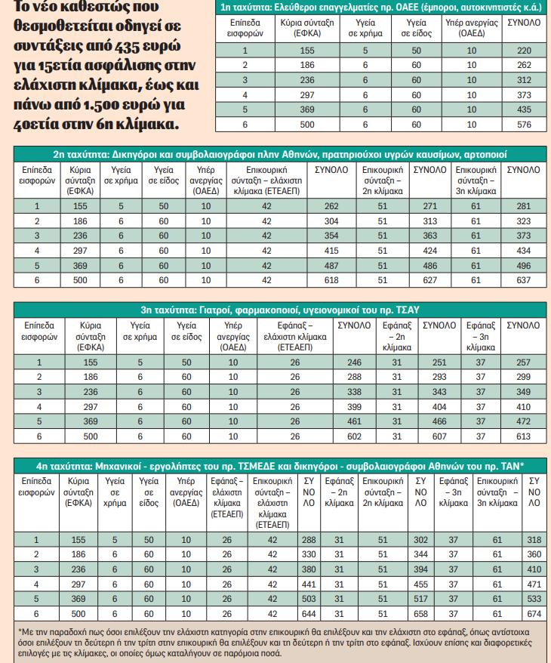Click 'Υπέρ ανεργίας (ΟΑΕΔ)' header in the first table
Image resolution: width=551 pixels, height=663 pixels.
(472, 29)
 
